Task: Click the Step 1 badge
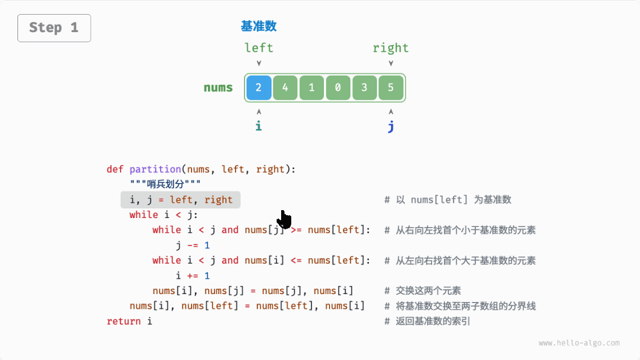click(54, 28)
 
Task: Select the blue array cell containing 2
click(259, 88)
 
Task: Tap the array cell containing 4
click(285, 88)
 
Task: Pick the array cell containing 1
click(312, 88)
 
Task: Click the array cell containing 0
click(338, 88)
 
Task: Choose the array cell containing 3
click(365, 88)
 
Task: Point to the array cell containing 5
click(391, 88)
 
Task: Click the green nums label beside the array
click(218, 88)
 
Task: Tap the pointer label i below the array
click(259, 126)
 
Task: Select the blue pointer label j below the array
click(391, 126)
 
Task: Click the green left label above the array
click(259, 48)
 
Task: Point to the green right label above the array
click(390, 48)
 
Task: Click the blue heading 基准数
click(259, 26)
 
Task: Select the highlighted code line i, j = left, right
click(180, 199)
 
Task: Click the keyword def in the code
click(115, 169)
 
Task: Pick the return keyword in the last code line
click(123, 321)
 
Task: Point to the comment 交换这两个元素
click(428, 291)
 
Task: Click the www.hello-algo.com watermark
click(579, 343)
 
